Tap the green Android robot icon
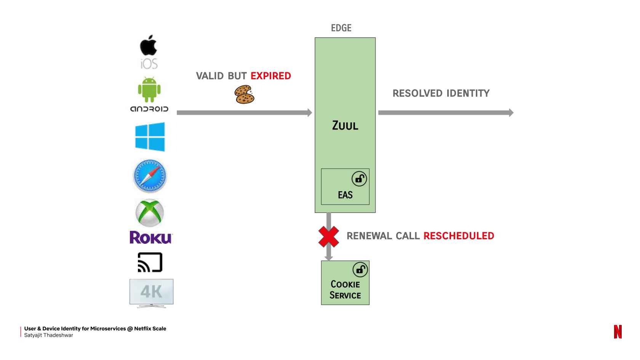coord(149,90)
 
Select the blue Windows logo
coord(150,137)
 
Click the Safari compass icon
coord(150,176)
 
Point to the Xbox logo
coord(150,213)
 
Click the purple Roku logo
coord(151,237)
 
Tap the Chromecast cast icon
coord(150,262)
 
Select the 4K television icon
coord(151,293)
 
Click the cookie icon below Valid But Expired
coord(244,94)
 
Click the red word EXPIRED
coord(270,76)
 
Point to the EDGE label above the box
coord(341,28)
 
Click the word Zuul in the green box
coord(345,125)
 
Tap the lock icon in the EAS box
coord(359,179)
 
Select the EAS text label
coord(345,195)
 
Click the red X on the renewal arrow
coord(329,237)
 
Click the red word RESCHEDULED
coord(459,236)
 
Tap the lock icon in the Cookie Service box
coord(360,270)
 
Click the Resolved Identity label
coord(441,93)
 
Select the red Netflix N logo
coord(618,331)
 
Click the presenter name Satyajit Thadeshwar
coord(48,335)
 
